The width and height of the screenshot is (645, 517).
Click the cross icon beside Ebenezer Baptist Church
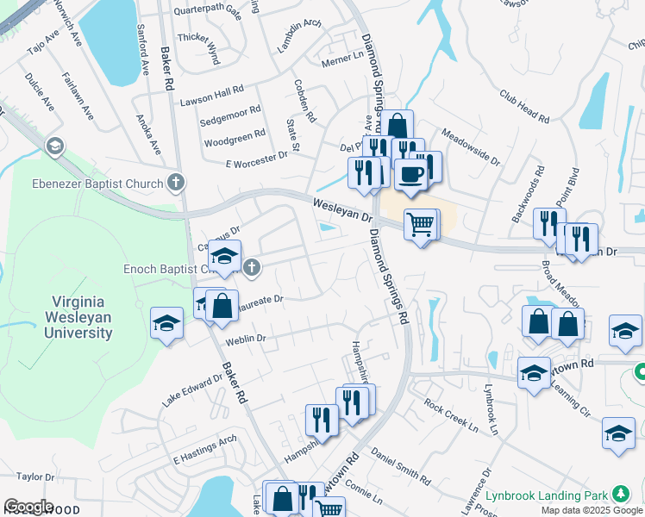coord(176,182)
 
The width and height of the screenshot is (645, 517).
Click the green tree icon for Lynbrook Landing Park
coord(621,494)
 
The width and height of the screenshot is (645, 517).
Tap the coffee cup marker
coord(410,174)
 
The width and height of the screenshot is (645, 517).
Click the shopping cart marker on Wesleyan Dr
coord(420,226)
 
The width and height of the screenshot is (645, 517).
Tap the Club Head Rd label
coord(523,106)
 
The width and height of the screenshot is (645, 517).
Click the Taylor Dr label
coord(34,476)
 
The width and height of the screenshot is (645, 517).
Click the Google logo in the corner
coord(28,507)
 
